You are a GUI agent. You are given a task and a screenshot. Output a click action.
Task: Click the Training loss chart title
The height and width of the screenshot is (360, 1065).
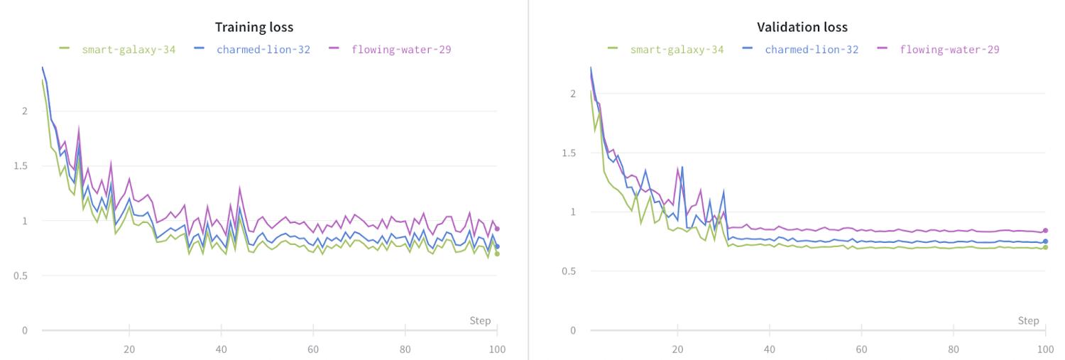(x=254, y=27)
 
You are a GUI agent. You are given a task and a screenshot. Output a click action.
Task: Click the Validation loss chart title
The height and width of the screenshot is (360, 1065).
(x=802, y=27)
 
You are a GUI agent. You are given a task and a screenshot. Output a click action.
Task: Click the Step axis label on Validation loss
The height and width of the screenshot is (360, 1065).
(x=1028, y=321)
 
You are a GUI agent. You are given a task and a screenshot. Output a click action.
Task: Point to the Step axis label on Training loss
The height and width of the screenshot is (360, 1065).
(x=480, y=321)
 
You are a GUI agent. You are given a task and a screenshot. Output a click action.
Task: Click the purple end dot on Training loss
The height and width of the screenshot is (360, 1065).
(x=497, y=229)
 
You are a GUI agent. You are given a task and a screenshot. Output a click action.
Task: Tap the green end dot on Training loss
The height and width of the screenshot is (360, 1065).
(x=497, y=253)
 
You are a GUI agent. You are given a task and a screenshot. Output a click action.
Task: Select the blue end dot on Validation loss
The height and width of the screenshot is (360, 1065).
(x=1045, y=241)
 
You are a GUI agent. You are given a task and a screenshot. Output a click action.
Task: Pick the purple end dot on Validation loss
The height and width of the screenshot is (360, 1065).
(x=1045, y=231)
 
